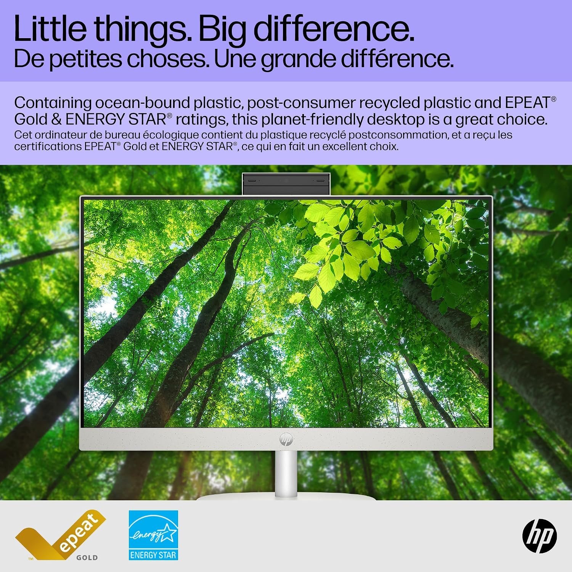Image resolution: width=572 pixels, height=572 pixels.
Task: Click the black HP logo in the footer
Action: [540, 536]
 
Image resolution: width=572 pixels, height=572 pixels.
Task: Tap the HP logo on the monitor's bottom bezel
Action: [286, 439]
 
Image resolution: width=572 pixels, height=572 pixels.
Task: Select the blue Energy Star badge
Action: [153, 535]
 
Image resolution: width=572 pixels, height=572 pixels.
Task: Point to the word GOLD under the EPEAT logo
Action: [87, 558]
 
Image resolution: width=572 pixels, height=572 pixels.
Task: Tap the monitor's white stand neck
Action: [286, 474]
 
